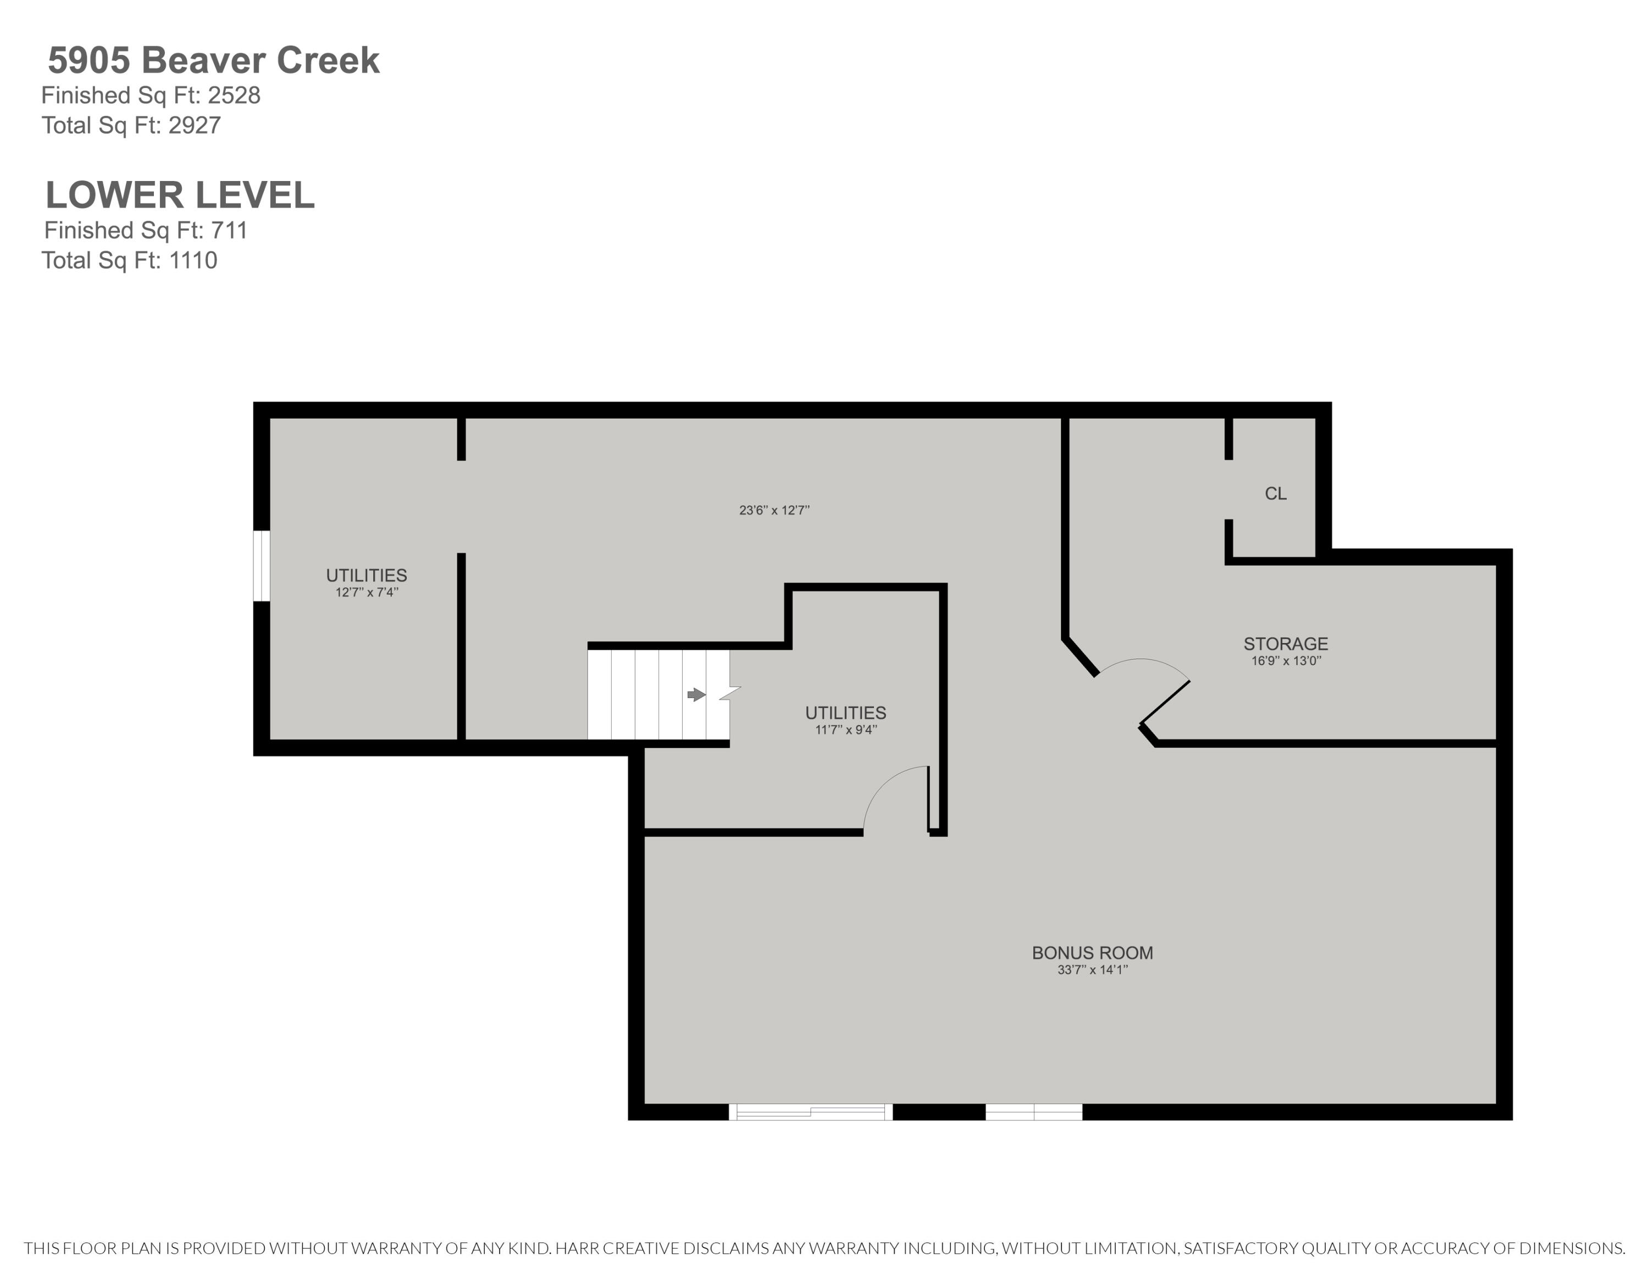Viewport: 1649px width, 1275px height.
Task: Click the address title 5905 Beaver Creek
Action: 214,61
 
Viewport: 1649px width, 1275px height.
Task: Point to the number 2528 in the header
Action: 234,95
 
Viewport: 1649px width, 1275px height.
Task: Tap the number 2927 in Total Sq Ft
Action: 195,125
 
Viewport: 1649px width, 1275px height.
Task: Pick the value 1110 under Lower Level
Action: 193,261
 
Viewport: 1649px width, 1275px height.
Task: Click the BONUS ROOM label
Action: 1093,953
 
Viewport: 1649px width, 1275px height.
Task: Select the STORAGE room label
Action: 1286,644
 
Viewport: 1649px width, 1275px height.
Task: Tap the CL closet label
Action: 1276,494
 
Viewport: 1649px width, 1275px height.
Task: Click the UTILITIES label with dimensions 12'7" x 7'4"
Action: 366,575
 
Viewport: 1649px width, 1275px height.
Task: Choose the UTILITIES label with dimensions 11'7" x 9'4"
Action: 845,713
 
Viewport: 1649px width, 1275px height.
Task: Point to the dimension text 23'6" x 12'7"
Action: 774,510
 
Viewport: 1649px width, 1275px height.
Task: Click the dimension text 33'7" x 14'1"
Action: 1093,970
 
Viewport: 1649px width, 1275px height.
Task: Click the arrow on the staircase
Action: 696,695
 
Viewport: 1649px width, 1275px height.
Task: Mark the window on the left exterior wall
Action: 261,566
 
